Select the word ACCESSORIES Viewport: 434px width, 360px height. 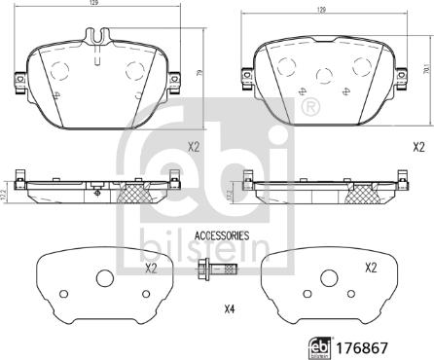[x=222, y=235]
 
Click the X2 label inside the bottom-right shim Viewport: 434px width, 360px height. [x=370, y=268]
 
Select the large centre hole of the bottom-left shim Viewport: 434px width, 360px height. [x=105, y=279]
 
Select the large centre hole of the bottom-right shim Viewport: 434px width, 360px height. [x=325, y=279]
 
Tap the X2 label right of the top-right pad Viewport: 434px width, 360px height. [x=418, y=147]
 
